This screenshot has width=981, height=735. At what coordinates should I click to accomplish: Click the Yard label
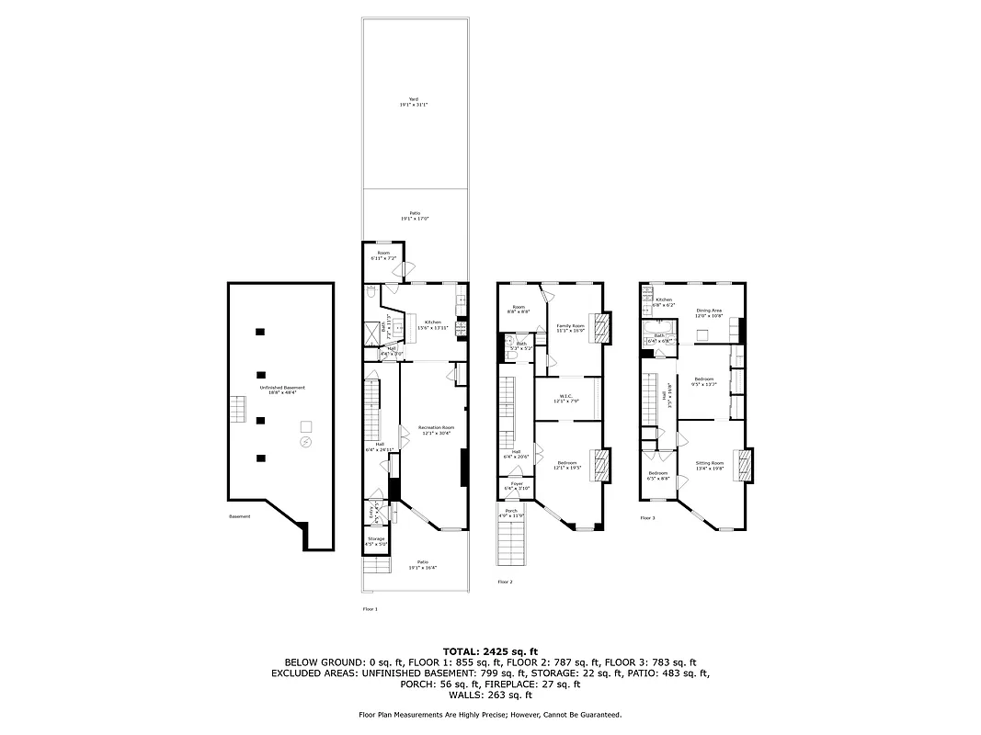pos(414,102)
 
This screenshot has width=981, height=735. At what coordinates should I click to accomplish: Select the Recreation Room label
pos(436,429)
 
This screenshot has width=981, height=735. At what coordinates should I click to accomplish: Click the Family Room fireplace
pos(601,328)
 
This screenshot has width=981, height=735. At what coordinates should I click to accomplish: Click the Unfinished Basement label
pos(282,389)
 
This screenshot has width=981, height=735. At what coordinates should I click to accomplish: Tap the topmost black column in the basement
pos(261,331)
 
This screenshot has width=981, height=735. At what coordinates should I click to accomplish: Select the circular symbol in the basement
pos(305,443)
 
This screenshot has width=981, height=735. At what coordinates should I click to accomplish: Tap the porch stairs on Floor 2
pos(510,548)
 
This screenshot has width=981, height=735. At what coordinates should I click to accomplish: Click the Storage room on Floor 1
pos(376,541)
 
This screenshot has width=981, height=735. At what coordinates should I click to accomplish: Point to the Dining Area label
pos(710,312)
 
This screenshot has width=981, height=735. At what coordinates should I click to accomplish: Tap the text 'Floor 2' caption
pos(505,582)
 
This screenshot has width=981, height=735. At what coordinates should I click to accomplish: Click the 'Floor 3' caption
pos(647,518)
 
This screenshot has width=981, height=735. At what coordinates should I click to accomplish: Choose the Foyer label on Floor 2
pos(517,484)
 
